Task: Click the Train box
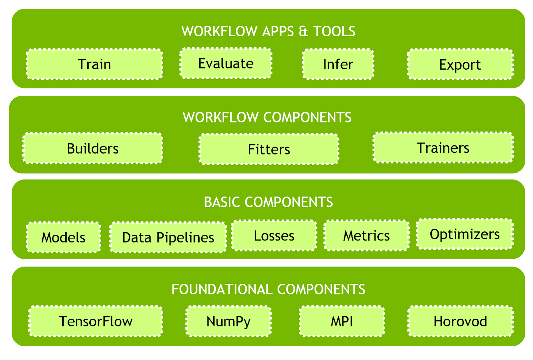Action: pos(95,64)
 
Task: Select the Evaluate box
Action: pos(226,63)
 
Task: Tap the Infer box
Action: pos(338,64)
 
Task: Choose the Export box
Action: pos(460,64)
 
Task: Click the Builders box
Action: pos(93,148)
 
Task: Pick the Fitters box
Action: pos(269,149)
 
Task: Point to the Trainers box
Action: pos(443,148)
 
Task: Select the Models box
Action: pos(64,237)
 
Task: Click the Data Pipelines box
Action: pos(168,237)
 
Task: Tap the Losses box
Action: pos(274,235)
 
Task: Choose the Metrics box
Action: pos(366,235)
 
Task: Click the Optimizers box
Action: pos(465,234)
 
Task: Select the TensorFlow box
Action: pos(96,321)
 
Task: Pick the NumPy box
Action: pos(229,321)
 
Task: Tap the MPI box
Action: pos(342,321)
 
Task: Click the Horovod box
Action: pos(460,321)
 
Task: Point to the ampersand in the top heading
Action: pos(303,31)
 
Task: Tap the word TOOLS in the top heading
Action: pos(334,31)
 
